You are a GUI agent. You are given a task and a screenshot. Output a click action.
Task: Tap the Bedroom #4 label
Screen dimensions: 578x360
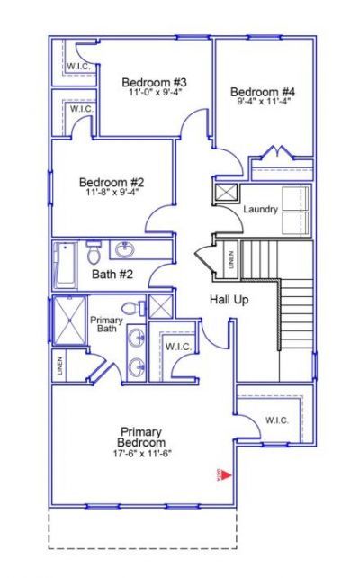(x=263, y=92)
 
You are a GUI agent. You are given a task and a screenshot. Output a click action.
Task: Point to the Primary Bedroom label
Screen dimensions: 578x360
(x=142, y=438)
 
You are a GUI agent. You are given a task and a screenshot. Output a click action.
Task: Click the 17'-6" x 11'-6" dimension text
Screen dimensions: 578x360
(x=142, y=453)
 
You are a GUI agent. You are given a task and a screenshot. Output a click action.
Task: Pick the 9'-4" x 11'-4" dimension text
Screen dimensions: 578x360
(x=263, y=102)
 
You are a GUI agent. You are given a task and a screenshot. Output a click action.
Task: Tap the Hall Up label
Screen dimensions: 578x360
(x=229, y=299)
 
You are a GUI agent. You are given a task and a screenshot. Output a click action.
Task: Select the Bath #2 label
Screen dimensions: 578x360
(x=112, y=274)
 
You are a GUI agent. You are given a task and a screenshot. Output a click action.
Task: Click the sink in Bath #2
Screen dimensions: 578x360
(x=124, y=249)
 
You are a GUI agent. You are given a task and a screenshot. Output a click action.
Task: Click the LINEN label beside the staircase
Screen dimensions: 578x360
(x=230, y=260)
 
